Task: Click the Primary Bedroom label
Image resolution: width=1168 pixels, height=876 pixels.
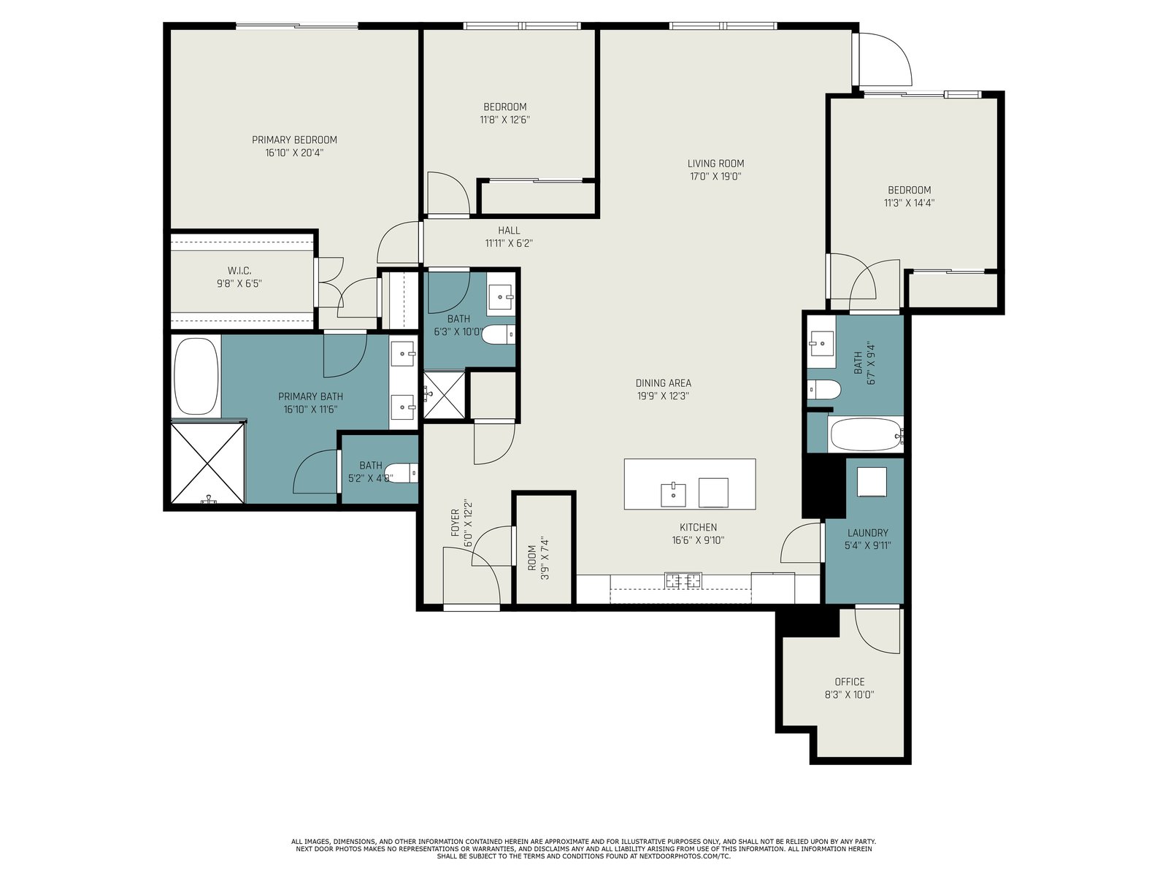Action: [294, 140]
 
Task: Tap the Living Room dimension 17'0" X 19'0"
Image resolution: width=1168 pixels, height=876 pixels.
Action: [715, 177]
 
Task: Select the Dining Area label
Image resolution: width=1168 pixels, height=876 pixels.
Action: [664, 383]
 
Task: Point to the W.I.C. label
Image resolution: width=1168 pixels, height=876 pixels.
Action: [239, 272]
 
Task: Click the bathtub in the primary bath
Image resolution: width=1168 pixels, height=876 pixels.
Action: [196, 376]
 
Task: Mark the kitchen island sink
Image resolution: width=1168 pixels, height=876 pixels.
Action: [673, 495]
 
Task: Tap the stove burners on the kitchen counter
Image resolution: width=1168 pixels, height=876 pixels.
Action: [683, 581]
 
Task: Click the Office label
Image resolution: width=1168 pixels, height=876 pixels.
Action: [850, 682]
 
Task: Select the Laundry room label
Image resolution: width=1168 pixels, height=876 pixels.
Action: [868, 532]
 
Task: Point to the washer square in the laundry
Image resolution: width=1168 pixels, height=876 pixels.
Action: [872, 482]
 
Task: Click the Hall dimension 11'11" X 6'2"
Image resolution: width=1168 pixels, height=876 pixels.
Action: [509, 244]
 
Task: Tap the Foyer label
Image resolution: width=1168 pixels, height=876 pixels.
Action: [456, 523]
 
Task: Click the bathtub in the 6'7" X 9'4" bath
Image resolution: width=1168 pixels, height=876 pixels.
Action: [865, 435]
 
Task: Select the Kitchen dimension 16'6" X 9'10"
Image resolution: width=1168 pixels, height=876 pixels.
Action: [698, 540]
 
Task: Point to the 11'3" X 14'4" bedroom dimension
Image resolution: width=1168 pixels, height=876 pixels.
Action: [910, 203]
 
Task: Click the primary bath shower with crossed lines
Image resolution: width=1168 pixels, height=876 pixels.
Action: [208, 462]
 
